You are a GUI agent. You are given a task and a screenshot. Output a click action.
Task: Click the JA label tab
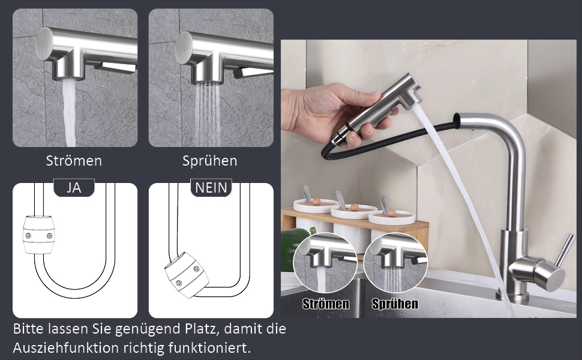tap(74, 187)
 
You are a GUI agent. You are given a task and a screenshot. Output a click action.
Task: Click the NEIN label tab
tap(211, 187)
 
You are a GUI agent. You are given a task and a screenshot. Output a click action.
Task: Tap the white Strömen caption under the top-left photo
tap(74, 161)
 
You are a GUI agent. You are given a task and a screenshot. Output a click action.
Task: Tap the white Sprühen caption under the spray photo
tap(210, 161)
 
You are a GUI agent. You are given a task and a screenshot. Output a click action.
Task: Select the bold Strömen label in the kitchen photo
tap(326, 304)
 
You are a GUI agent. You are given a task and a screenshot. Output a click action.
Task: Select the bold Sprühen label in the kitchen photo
tap(395, 304)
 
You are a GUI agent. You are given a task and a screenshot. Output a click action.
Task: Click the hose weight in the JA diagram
tap(38, 234)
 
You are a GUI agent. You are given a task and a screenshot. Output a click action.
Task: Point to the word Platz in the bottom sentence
tap(202, 329)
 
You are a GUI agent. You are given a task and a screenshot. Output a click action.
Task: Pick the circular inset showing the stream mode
tap(325, 263)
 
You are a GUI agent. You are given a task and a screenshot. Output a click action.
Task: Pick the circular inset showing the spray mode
tap(395, 263)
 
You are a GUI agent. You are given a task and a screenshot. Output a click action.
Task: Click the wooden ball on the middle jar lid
tap(355, 207)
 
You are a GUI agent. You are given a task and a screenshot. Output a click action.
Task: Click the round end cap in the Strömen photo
tap(45, 44)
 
